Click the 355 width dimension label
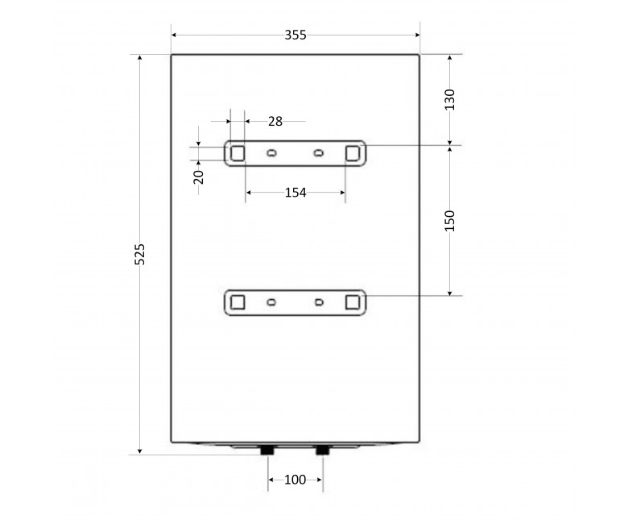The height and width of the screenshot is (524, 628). tap(295, 35)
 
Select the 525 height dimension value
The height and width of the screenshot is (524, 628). tap(139, 254)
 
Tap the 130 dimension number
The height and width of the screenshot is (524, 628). tap(450, 100)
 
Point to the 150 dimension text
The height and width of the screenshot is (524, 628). tap(450, 221)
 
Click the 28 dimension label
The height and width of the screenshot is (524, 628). tap(275, 121)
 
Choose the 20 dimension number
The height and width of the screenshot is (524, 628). tap(198, 177)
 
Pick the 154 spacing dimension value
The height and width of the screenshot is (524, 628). tap(295, 193)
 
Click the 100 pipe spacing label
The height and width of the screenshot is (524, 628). tap(295, 480)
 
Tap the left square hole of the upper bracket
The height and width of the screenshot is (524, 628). tap(238, 153)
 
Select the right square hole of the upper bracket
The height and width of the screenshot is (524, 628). tap(353, 153)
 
